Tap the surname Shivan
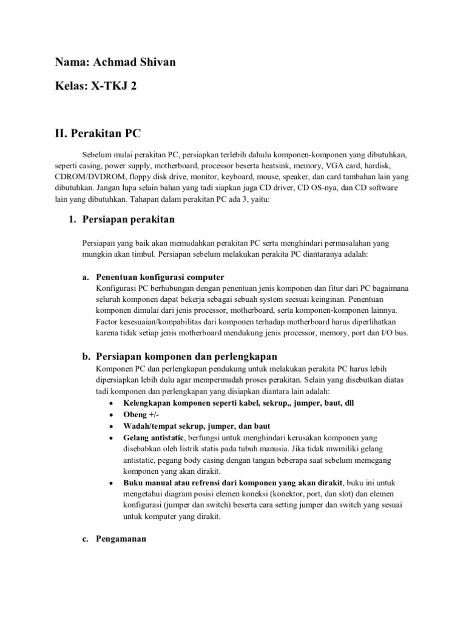click(x=158, y=63)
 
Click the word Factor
click(x=108, y=321)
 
